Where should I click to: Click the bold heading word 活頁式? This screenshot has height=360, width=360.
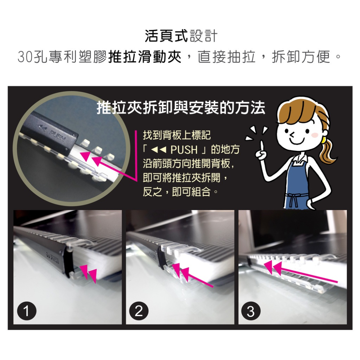click(x=167, y=36)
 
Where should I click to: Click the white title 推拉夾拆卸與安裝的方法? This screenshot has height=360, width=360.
click(x=181, y=108)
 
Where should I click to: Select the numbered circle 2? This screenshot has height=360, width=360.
click(x=139, y=311)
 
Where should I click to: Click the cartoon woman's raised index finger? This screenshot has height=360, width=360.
click(x=262, y=145)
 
